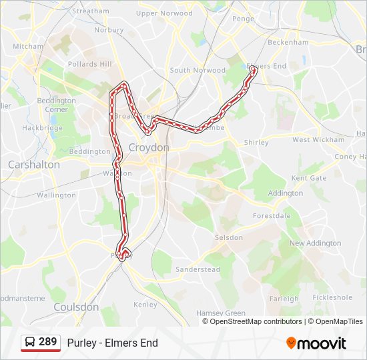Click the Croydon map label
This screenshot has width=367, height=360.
coord(149,147)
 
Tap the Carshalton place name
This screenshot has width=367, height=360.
coord(33,164)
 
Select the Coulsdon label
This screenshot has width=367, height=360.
coord(75,307)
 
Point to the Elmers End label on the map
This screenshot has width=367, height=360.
coord(267,66)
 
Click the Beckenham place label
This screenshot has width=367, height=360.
coord(288,42)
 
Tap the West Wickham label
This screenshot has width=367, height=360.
coord(318,140)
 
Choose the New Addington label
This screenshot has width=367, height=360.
coord(315,243)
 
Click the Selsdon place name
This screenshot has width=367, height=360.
coord(229,237)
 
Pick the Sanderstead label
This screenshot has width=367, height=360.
coord(198,269)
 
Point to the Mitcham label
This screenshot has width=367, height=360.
coord(27,47)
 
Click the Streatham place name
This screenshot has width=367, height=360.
coord(90,11)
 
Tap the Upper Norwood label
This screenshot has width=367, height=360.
coord(164,13)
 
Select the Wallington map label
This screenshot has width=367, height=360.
coord(56,195)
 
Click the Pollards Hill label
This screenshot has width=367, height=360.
coord(90,64)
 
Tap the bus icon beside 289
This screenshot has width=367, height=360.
coord(30,342)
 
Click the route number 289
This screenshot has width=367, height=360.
coord(47,342)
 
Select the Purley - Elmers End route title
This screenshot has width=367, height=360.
coord(112,343)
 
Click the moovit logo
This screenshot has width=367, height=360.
coord(316,343)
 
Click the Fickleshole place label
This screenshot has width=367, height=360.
coord(332,297)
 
